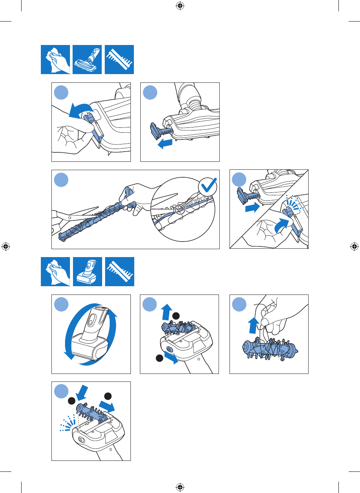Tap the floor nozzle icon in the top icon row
pos(87,59)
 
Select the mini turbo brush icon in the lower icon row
pos(87,271)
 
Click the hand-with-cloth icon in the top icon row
pos(55,59)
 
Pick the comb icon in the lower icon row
pos(119,271)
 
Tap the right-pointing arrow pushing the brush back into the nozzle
pos(252,207)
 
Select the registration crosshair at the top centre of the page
pos(180,6)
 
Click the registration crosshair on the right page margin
pos(354,246)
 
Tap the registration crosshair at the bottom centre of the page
pos(180,487)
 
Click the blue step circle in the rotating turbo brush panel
pos(61,305)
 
